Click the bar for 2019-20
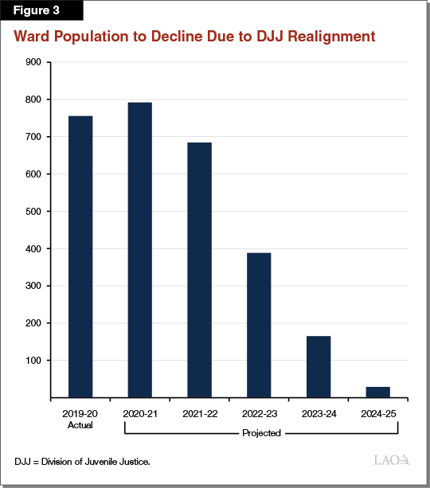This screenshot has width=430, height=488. click(x=80, y=256)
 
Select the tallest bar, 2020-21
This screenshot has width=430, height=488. click(x=139, y=249)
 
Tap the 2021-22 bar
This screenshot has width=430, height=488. click(x=199, y=270)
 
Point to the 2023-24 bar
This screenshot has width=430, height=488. click(x=318, y=366)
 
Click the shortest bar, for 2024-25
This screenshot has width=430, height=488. click(x=377, y=392)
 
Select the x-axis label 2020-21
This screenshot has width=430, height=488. click(x=139, y=414)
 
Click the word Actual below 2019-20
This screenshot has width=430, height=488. click(x=80, y=424)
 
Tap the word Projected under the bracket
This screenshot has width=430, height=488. click(x=260, y=434)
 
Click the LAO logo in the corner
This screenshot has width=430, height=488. click(x=391, y=460)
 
